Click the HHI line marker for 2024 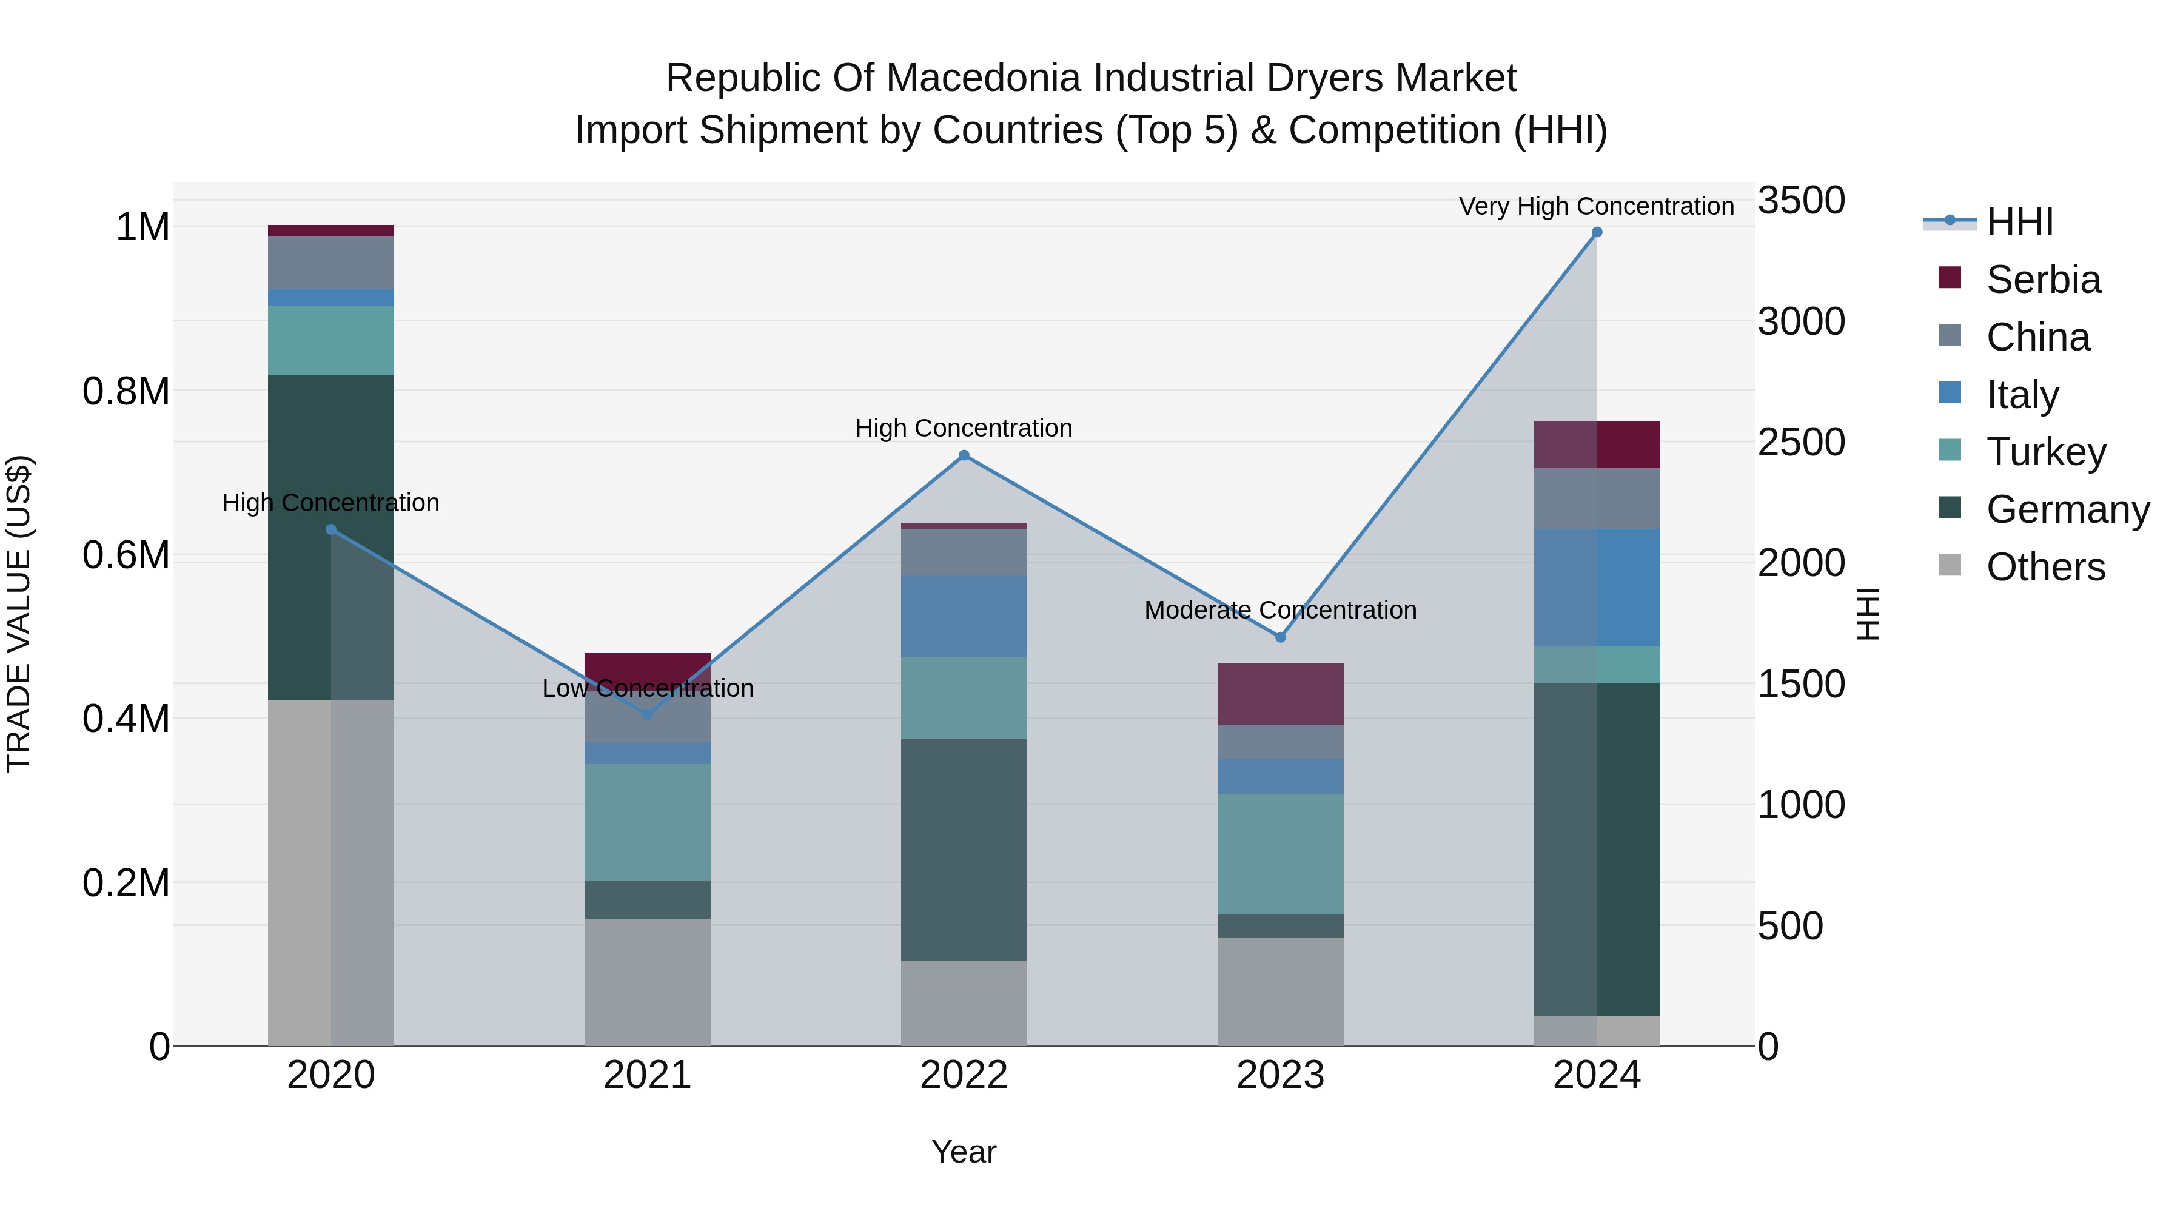1597,232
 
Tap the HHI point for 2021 648,714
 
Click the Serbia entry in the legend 2042,280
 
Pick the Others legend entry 2045,567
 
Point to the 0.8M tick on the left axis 126,392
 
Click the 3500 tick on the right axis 1801,201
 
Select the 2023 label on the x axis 1279,1075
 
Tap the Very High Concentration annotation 1596,207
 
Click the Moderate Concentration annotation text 1279,610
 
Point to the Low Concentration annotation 648,688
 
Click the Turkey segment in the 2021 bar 648,822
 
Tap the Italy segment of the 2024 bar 1597,587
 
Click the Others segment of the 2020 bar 330,873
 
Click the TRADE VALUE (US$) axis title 19,614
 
